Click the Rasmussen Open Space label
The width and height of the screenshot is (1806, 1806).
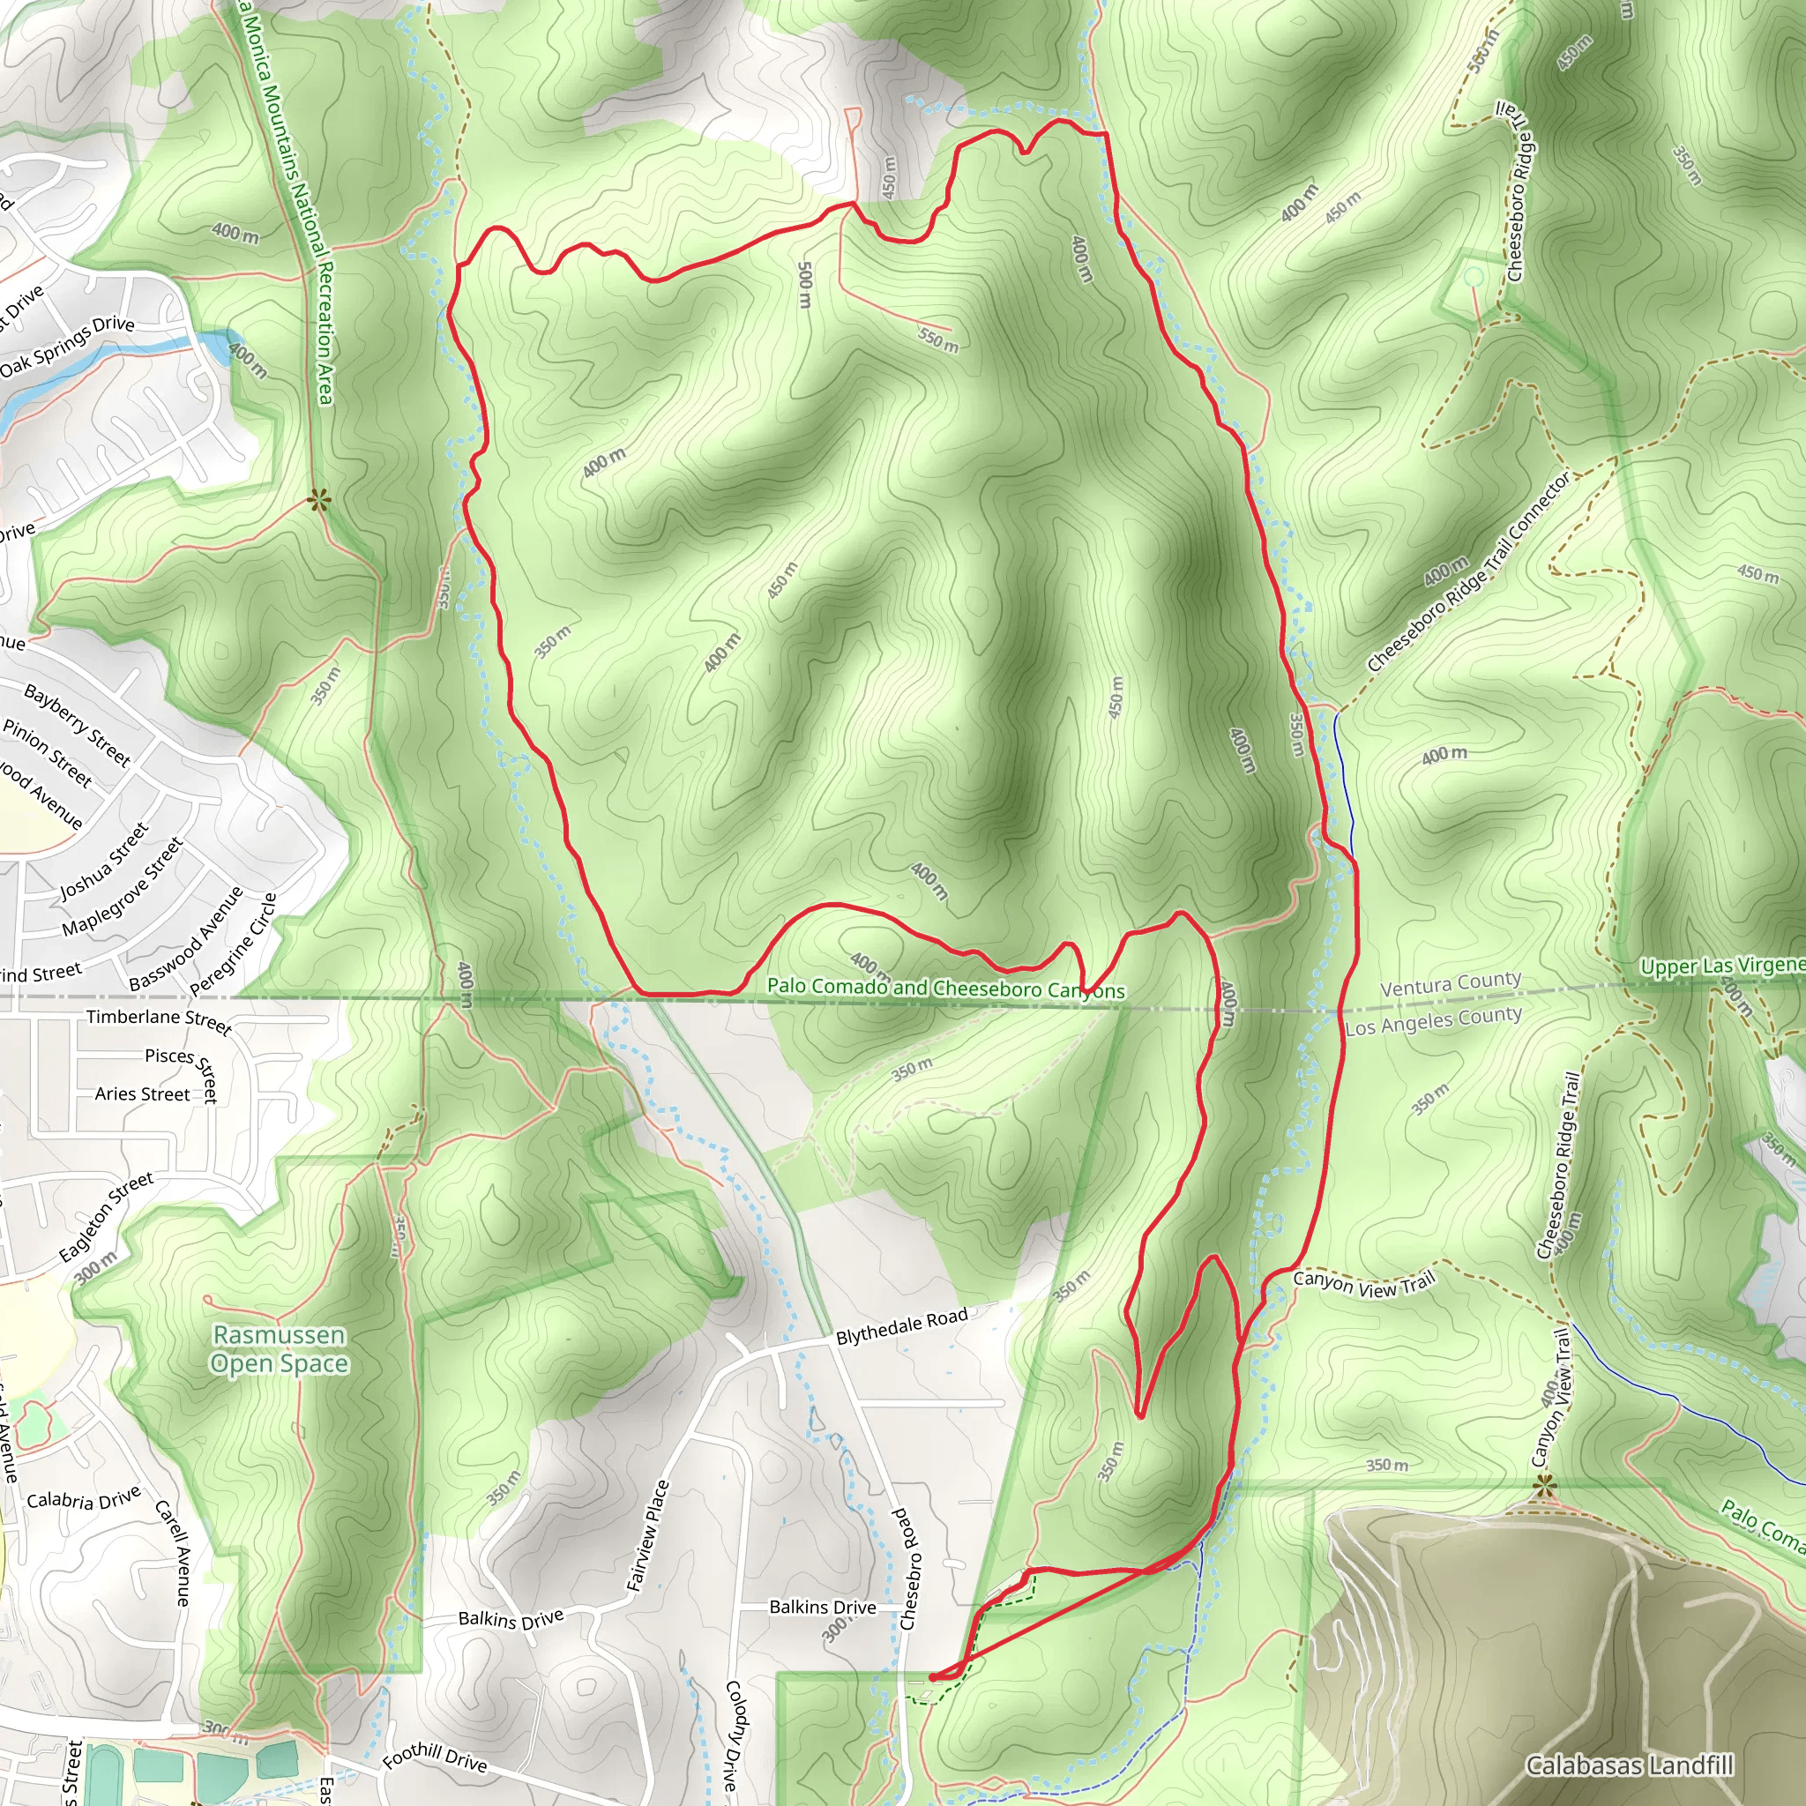pyautogui.click(x=279, y=1349)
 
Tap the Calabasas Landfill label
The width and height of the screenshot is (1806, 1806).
pyautogui.click(x=1630, y=1765)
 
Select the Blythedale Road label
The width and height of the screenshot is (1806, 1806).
pyautogui.click(x=901, y=1326)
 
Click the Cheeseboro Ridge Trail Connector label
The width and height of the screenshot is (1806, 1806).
pyautogui.click(x=1468, y=572)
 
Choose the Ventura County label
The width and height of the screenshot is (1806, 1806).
pyautogui.click(x=1451, y=983)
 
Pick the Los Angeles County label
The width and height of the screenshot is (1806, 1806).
pyautogui.click(x=1433, y=1020)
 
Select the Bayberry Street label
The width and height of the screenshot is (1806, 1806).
pyautogui.click(x=77, y=725)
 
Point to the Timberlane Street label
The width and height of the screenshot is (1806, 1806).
pyautogui.click(x=158, y=1020)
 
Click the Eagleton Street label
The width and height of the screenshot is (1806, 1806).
pyautogui.click(x=106, y=1217)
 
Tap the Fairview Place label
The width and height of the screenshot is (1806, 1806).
pyautogui.click(x=648, y=1536)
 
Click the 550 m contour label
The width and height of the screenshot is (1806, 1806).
pyautogui.click(x=937, y=340)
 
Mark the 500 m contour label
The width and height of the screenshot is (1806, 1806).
pyautogui.click(x=805, y=284)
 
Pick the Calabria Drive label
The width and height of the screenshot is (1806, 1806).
pyautogui.click(x=83, y=1497)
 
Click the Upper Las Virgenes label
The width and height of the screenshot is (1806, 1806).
pyautogui.click(x=1722, y=966)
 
